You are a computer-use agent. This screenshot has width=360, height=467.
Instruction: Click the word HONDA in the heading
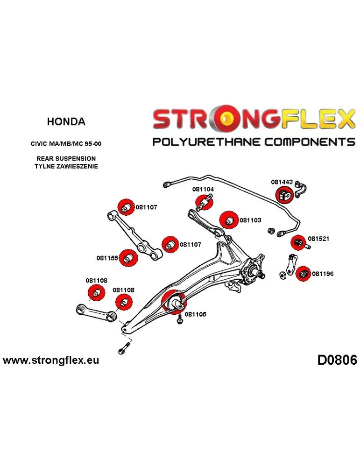pos(66,122)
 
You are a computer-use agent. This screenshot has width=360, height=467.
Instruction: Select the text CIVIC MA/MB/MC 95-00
pos(66,144)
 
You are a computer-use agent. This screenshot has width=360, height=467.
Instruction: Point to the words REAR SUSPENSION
pos(66,159)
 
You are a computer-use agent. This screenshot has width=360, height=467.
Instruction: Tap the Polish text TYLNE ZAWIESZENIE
pos(66,166)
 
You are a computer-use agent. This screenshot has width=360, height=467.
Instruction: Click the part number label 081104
pos(203,190)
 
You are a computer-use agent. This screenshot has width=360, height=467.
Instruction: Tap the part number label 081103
pos(250,220)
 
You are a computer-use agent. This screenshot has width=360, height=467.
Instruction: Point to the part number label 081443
pos(282,183)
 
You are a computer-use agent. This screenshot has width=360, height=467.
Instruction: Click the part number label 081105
pos(196,314)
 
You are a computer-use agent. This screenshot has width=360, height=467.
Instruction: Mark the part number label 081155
pos(107,257)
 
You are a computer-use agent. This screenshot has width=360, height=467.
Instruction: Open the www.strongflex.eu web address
pos(51,361)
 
